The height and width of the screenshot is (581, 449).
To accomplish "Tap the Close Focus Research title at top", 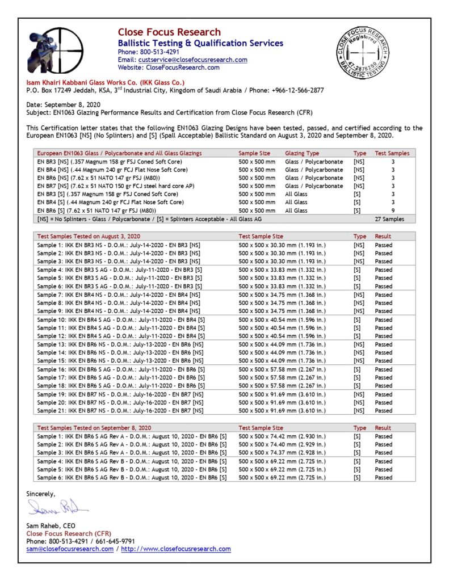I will click(169, 32).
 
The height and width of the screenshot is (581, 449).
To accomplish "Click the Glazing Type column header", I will click(302, 153).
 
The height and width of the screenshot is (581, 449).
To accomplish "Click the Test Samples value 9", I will click(393, 210).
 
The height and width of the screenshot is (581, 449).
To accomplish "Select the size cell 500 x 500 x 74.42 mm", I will click(283, 436).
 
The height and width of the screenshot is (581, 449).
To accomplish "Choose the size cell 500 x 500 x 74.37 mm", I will click(283, 453).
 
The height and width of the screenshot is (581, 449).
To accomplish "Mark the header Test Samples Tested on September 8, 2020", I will click(94, 428).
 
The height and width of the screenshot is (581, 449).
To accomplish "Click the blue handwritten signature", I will click(57, 506).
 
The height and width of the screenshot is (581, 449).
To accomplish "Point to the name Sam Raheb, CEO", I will click(51, 526).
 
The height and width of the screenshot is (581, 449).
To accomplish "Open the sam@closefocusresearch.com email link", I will click(70, 549).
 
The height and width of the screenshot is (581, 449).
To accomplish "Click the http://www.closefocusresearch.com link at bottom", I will click(176, 549).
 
